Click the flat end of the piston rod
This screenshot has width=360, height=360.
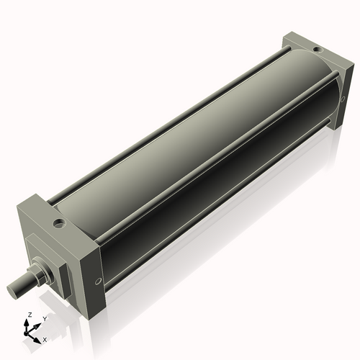[x=14, y=290]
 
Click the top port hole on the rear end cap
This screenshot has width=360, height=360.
[x=315, y=49]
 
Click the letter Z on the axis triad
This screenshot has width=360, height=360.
[x=29, y=315]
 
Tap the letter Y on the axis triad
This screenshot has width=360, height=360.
[x=45, y=318]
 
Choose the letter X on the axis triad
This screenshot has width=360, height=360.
[x=45, y=338]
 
